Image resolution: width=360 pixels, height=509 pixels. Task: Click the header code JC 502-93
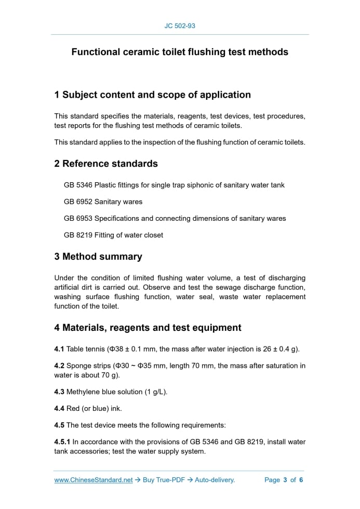point(180,25)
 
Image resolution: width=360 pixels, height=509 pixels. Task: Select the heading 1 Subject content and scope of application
point(152,95)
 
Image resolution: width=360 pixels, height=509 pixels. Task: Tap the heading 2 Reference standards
point(106,164)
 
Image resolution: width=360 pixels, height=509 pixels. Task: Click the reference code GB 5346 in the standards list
point(78,185)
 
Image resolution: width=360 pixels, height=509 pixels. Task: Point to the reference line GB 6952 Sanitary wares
point(103,202)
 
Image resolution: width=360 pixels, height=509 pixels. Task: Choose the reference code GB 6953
point(78,218)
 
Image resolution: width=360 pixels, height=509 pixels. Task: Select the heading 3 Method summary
point(98,257)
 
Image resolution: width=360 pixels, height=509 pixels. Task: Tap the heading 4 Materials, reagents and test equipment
point(148,328)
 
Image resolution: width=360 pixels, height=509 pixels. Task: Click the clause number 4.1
point(59,349)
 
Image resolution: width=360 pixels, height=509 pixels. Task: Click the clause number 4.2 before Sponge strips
point(59,366)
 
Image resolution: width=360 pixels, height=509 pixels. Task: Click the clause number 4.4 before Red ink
point(59,408)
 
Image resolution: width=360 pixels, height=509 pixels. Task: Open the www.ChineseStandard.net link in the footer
point(94,480)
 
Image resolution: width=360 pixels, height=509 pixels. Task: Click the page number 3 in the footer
point(285,480)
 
